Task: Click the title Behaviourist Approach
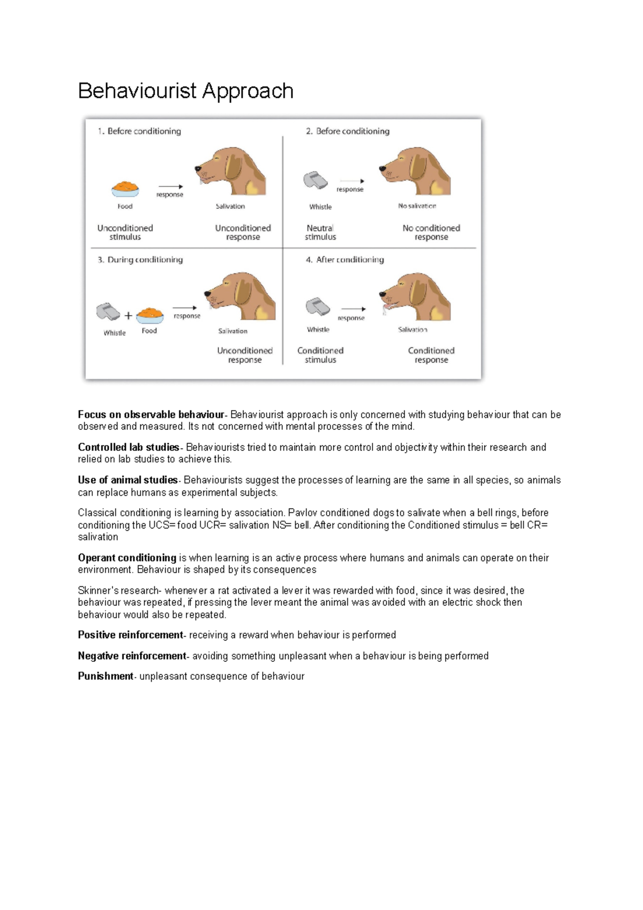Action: click(185, 91)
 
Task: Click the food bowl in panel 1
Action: click(125, 189)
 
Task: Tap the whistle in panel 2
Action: click(316, 180)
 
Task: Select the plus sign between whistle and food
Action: click(128, 316)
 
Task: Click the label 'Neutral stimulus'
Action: click(320, 232)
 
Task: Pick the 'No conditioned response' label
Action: click(431, 232)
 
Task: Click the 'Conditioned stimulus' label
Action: click(320, 355)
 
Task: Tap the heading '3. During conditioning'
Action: click(140, 259)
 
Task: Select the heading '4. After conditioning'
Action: click(345, 259)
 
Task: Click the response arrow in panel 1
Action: click(170, 187)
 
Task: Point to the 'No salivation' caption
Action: click(417, 206)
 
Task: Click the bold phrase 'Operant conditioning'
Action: click(127, 558)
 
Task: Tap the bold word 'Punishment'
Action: click(106, 676)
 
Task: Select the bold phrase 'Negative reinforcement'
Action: click(132, 655)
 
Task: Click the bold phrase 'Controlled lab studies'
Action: click(129, 447)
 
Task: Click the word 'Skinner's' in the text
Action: click(98, 591)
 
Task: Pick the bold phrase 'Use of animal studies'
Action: click(128, 480)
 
